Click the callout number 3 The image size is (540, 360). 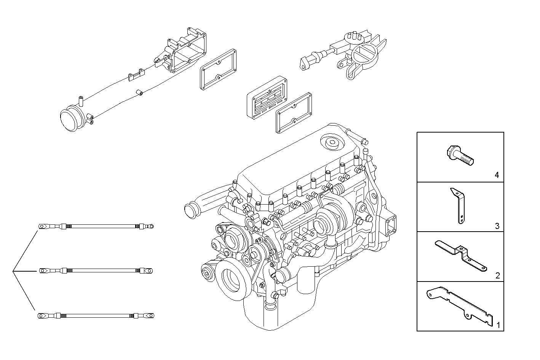[497, 226]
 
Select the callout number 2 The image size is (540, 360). [497, 275]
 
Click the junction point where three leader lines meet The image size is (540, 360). [13, 271]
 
